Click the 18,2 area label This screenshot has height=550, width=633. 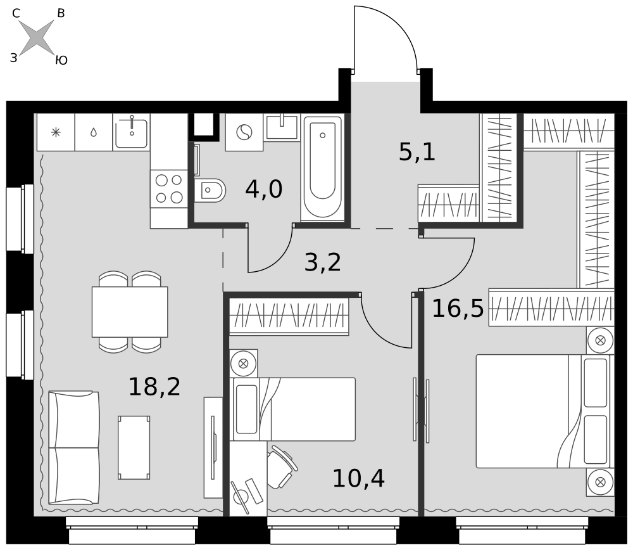tap(154, 387)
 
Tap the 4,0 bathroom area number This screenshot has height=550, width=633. tap(263, 189)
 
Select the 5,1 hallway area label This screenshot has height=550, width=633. tap(417, 152)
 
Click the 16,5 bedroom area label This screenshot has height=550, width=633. tap(458, 309)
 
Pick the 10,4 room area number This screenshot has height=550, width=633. tap(358, 478)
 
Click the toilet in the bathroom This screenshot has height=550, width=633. tap(210, 190)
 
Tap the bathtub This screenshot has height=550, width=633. tap(323, 167)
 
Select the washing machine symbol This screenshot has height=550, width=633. tap(244, 132)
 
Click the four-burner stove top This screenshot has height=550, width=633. tap(169, 189)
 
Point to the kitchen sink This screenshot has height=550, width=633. tap(131, 132)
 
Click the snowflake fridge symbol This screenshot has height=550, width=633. tap(56, 132)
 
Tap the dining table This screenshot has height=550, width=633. tap(130, 312)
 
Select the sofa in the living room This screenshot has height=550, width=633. tap(74, 447)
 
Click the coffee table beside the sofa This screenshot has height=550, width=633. tap(134, 448)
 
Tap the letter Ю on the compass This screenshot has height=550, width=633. tap(61, 61)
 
